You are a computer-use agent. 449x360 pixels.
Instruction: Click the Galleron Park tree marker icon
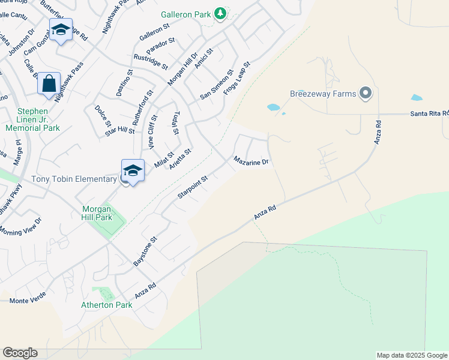pos(221,13)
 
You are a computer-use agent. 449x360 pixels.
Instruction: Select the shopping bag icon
pos(49,83)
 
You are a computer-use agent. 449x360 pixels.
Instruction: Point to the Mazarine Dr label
pos(250,162)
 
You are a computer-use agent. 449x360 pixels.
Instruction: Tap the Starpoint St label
pos(192,188)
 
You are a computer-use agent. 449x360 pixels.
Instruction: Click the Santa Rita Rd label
pos(429,113)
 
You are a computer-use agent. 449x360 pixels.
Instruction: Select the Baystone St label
pos(145,251)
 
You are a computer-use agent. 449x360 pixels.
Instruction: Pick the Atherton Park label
pos(106,305)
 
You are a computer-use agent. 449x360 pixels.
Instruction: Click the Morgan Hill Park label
pos(97,213)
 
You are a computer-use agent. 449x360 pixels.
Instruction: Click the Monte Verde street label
pos(28,299)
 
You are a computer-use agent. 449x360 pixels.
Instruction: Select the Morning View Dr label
pos(21,227)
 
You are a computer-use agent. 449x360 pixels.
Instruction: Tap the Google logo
pos(20,353)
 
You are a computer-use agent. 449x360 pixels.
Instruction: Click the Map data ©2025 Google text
pos(411,355)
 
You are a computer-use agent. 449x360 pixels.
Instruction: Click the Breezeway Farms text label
pos(324,94)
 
